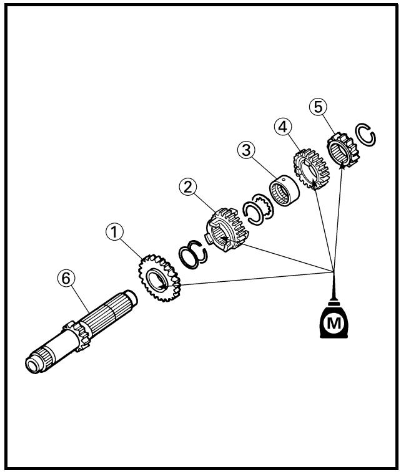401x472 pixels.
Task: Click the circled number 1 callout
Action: pyautogui.click(x=114, y=232)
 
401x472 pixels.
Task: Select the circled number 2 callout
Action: pyautogui.click(x=188, y=187)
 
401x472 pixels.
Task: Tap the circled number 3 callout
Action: pyautogui.click(x=246, y=150)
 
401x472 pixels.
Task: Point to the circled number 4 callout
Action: pyautogui.click(x=283, y=127)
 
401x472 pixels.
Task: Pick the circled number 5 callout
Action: pyautogui.click(x=318, y=107)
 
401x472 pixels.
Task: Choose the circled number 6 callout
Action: pyautogui.click(x=66, y=278)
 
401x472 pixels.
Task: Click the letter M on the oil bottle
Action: pyautogui.click(x=334, y=324)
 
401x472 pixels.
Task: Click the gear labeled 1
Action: pyautogui.click(x=159, y=277)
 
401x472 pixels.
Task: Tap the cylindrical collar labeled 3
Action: pyautogui.click(x=284, y=190)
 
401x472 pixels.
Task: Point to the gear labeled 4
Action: pyautogui.click(x=311, y=168)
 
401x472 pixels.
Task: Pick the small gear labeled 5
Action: pyautogui.click(x=343, y=150)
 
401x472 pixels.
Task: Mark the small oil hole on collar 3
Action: pyautogui.click(x=283, y=180)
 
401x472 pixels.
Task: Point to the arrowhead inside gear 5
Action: pyautogui.click(x=342, y=165)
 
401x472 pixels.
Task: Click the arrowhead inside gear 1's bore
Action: pyautogui.click(x=164, y=285)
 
